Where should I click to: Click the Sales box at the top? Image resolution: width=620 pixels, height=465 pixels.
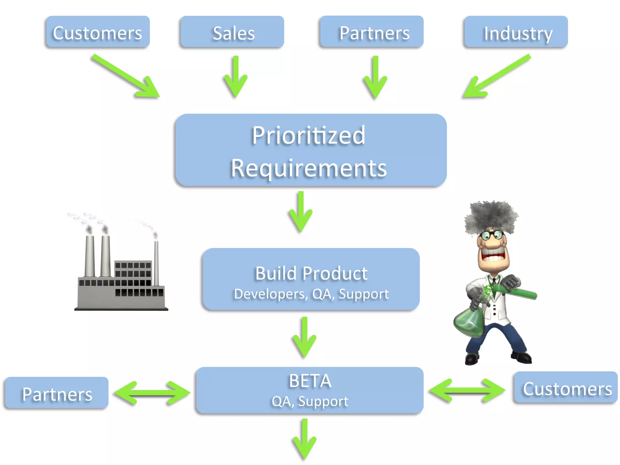[232, 32]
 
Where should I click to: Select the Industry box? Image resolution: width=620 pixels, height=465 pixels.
[516, 32]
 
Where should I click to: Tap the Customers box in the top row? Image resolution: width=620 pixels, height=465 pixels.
[97, 32]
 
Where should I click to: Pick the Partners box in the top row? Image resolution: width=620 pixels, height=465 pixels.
[371, 32]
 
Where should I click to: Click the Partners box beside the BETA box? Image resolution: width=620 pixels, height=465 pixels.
[57, 393]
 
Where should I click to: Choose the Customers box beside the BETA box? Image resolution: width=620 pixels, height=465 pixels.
[566, 388]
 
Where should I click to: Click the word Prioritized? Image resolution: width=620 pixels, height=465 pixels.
[308, 135]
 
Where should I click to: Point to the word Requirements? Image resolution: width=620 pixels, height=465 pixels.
[308, 168]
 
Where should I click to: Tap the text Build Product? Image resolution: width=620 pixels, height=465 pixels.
[311, 273]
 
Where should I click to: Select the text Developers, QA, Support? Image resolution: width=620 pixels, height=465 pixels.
[311, 294]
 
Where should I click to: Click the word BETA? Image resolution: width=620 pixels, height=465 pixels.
[310, 381]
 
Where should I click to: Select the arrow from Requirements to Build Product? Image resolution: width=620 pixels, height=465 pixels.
[301, 212]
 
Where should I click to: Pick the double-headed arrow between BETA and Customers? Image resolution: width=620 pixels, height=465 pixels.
[467, 391]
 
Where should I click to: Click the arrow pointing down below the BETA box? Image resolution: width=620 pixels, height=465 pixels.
[305, 439]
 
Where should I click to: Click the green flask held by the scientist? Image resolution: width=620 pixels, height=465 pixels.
[469, 324]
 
